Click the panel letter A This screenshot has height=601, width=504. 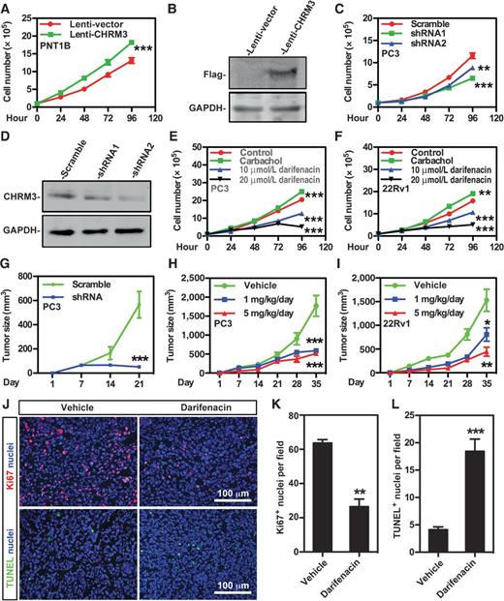tap(7, 9)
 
